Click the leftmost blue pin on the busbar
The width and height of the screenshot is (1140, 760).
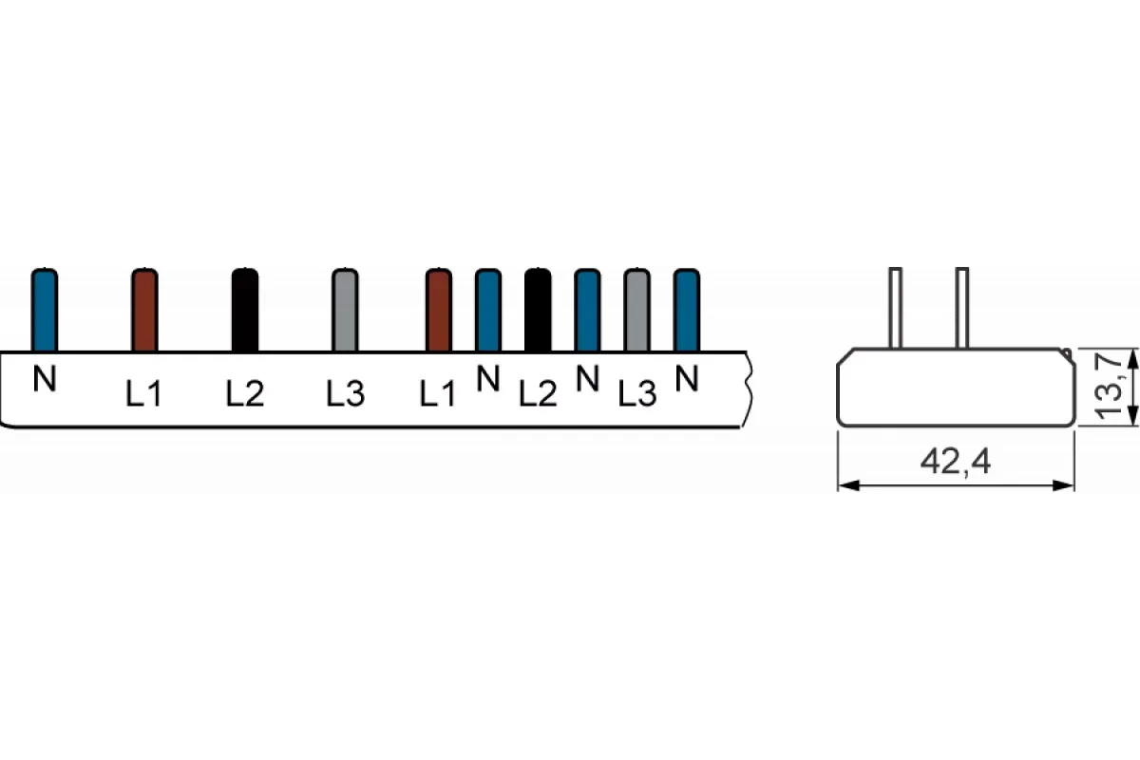point(45,310)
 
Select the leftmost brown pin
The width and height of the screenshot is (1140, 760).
point(144,310)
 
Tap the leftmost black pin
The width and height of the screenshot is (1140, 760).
point(245,310)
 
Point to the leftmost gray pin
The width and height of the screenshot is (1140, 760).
point(345,310)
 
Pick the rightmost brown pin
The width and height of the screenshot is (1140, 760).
point(439,310)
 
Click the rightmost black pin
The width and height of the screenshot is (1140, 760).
point(538,310)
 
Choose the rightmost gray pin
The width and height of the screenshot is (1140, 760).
point(637,310)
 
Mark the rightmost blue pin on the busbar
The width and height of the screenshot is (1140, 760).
point(687,310)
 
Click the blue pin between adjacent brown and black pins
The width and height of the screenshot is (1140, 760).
point(488,310)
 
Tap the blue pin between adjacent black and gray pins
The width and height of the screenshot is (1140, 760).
point(587,310)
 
